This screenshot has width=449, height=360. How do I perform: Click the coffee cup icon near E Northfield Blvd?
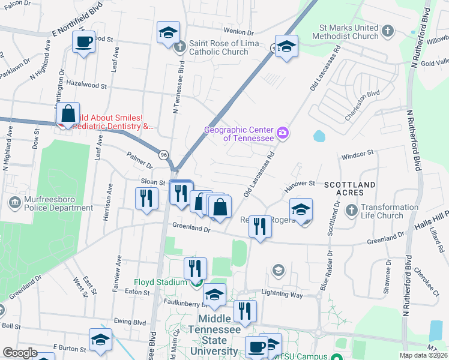83,43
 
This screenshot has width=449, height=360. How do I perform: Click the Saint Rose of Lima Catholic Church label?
224,47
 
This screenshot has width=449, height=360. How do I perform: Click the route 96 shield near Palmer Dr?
163,155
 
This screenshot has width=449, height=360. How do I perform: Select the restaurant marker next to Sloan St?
146,198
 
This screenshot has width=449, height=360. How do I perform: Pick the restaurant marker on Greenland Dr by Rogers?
259,227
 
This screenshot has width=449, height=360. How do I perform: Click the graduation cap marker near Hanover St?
301,209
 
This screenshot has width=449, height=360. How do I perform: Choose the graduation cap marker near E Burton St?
100,340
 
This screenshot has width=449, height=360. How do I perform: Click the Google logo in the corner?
19,353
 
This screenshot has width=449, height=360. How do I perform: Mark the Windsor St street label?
358,155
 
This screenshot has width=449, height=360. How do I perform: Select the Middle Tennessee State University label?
214,335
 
